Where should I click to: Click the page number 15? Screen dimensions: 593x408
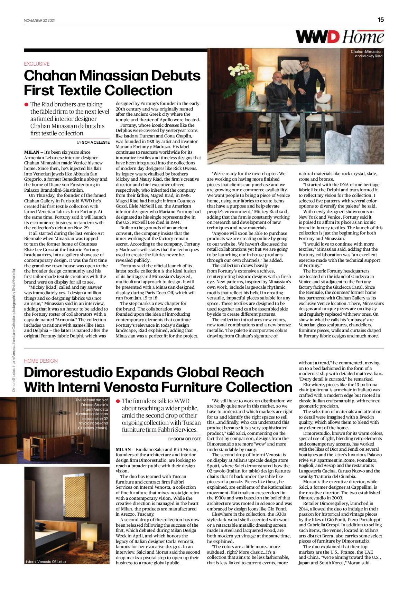click(381, 20)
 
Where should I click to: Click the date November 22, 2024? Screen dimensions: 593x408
click(40, 20)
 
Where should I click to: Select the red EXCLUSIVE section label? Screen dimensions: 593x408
click(37, 64)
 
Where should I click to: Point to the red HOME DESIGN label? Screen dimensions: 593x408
click(41, 361)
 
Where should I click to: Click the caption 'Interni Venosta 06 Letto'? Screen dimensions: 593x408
click(46, 562)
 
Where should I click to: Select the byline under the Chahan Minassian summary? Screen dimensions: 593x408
click(93, 142)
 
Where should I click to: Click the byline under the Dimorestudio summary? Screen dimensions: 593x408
click(184, 439)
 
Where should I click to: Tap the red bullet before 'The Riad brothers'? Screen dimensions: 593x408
click(26, 104)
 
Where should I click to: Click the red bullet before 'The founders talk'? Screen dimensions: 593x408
click(118, 401)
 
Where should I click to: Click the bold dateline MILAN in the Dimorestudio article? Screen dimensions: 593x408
click(123, 449)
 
